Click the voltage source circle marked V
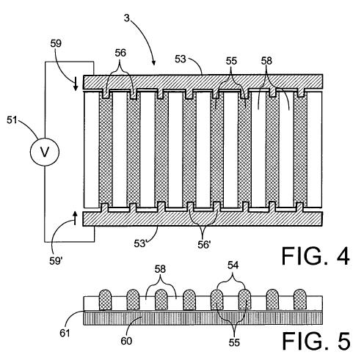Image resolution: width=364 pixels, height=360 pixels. [x=45, y=152]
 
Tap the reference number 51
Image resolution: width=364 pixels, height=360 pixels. [x=12, y=120]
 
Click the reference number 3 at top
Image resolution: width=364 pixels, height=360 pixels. [x=126, y=18]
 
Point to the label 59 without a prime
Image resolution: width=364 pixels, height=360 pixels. [x=56, y=43]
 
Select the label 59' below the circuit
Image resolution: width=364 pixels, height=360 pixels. [x=56, y=261]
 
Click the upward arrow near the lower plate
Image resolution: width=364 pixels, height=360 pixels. [x=75, y=218]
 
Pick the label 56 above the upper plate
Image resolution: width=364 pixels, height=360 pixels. [x=120, y=53]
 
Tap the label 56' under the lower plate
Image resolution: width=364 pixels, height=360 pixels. [x=204, y=244]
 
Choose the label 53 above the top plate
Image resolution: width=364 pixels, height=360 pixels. [x=181, y=59]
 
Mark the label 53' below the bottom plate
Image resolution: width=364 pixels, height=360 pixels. [x=140, y=243]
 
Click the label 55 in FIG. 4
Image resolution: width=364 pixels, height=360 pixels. [x=231, y=61]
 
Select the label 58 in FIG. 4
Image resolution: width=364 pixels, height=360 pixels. [x=266, y=61]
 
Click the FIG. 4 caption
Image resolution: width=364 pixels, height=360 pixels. [x=316, y=256]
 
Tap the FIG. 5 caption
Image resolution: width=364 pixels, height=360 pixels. [x=316, y=341]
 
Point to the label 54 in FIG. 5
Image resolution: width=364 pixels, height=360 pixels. [x=233, y=265]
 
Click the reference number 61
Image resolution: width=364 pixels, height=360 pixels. [x=65, y=333]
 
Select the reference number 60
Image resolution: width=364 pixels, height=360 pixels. [x=126, y=341]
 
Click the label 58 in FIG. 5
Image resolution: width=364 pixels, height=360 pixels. [x=160, y=269]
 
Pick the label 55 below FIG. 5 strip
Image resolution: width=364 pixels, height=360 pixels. [x=234, y=342]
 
